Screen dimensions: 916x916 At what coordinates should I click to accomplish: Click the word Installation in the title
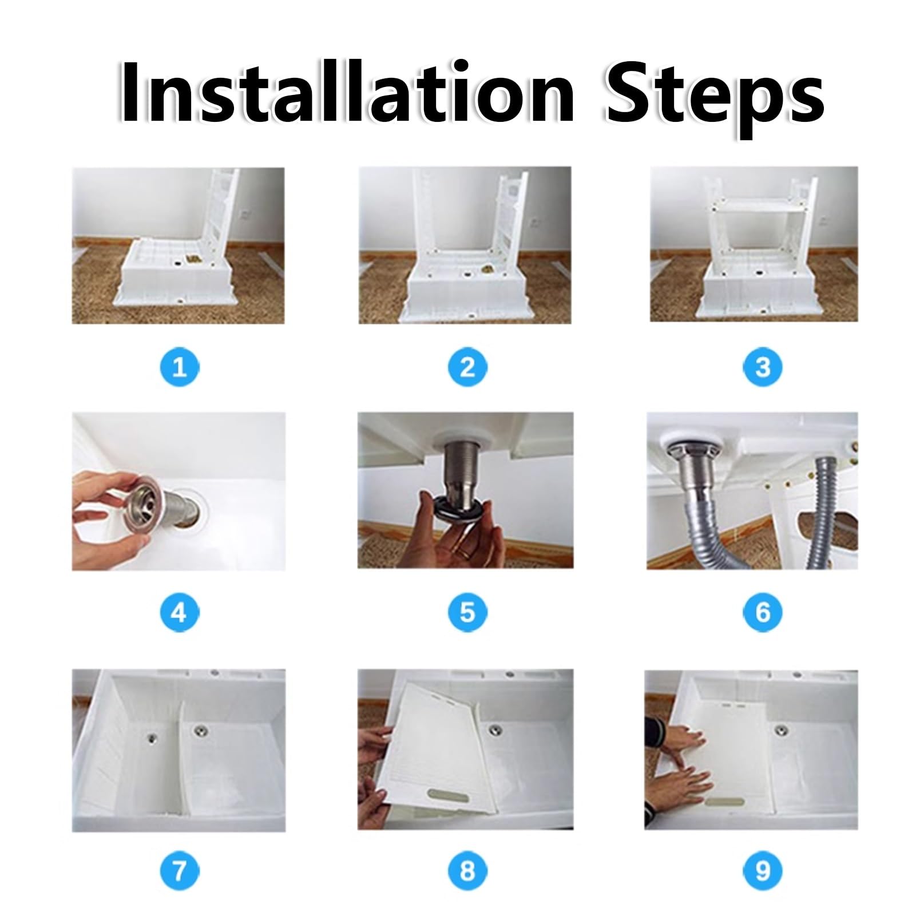click(x=347, y=92)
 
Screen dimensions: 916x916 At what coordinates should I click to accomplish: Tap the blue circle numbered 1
click(x=180, y=367)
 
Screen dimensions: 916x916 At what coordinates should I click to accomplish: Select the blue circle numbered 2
click(x=467, y=367)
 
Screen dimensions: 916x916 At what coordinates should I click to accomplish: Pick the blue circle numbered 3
click(x=763, y=367)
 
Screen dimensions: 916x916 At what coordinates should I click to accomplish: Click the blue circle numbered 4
click(x=179, y=612)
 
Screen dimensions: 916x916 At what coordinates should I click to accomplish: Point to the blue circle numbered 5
click(x=467, y=612)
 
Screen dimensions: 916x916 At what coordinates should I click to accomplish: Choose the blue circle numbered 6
click(x=763, y=612)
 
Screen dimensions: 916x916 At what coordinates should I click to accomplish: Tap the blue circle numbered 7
click(x=180, y=870)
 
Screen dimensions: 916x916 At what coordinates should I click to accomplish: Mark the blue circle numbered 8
click(x=467, y=870)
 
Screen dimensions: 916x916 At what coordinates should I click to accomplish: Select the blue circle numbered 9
click(x=763, y=870)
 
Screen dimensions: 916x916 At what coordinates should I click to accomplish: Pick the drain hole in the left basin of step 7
click(x=152, y=737)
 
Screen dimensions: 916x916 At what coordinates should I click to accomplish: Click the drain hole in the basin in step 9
click(x=781, y=730)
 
